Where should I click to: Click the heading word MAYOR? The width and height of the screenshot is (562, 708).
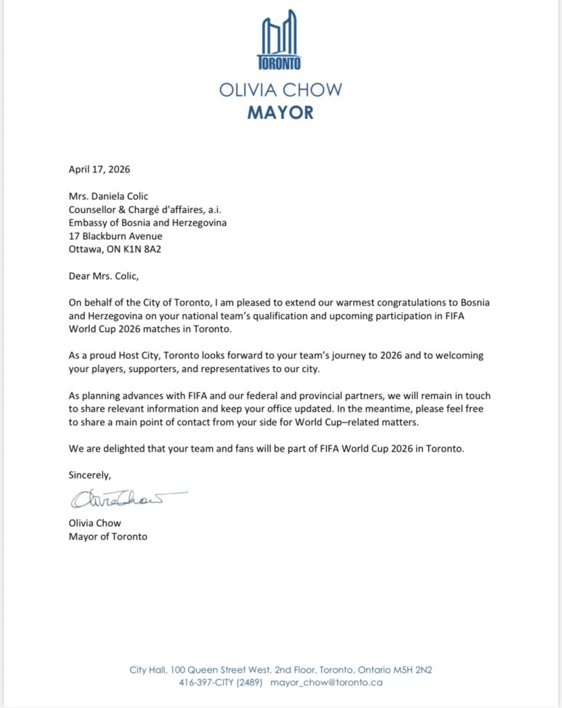pos(280,112)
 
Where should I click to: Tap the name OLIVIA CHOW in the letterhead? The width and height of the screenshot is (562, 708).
pos(280,90)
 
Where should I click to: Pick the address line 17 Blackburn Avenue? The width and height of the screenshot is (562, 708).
pos(115,235)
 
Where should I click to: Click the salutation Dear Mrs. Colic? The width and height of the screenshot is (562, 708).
pos(104,276)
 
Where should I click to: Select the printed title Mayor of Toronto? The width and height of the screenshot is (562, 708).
pos(108,536)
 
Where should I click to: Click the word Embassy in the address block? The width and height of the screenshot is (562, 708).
pos(88,223)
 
